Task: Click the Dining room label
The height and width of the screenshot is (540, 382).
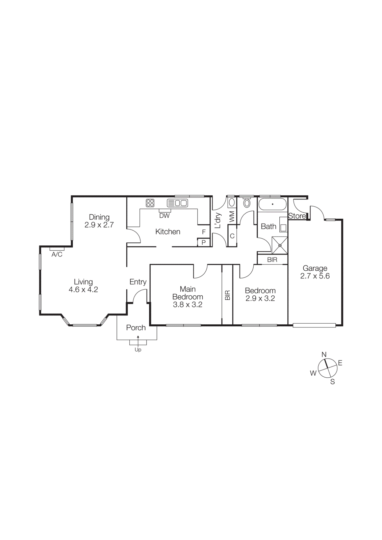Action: (x=99, y=217)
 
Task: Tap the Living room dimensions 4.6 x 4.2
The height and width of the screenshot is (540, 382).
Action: (x=83, y=290)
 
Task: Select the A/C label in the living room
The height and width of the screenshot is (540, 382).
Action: (x=57, y=254)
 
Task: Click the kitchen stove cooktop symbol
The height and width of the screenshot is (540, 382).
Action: (x=150, y=203)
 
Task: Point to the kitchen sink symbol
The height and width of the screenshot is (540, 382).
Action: (x=178, y=203)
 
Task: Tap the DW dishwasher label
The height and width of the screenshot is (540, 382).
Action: (x=164, y=216)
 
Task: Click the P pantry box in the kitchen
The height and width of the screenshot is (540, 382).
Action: (x=204, y=242)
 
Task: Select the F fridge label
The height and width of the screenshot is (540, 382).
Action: (x=204, y=232)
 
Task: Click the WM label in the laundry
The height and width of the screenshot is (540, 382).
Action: (x=232, y=217)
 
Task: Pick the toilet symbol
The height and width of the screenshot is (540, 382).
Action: (x=247, y=203)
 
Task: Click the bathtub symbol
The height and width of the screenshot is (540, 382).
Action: (x=272, y=204)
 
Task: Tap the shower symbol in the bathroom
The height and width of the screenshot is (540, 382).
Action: (x=280, y=245)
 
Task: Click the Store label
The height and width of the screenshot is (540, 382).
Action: (x=297, y=216)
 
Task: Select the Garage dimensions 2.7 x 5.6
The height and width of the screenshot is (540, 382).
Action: (x=315, y=276)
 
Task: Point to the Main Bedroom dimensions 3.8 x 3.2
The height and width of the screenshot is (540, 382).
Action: (x=187, y=305)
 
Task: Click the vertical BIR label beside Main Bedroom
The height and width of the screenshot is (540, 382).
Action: (x=227, y=295)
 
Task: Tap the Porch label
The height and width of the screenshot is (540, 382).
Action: (x=136, y=328)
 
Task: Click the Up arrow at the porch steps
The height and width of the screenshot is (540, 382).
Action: (x=138, y=340)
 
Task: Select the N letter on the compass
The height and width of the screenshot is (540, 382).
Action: (x=324, y=354)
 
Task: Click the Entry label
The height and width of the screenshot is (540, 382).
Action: (x=138, y=282)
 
